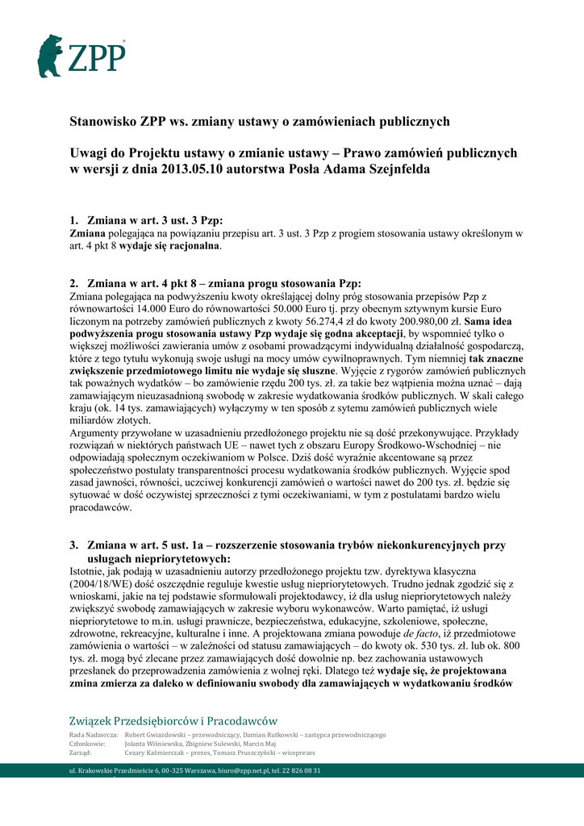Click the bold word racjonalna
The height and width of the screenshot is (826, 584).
tap(190, 245)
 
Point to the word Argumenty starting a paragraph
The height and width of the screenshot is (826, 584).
tap(100, 433)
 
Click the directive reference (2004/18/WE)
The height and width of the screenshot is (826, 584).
tap(104, 582)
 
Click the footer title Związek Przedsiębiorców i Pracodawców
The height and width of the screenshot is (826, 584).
tap(173, 720)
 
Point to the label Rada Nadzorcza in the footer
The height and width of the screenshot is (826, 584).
tap(94, 735)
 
